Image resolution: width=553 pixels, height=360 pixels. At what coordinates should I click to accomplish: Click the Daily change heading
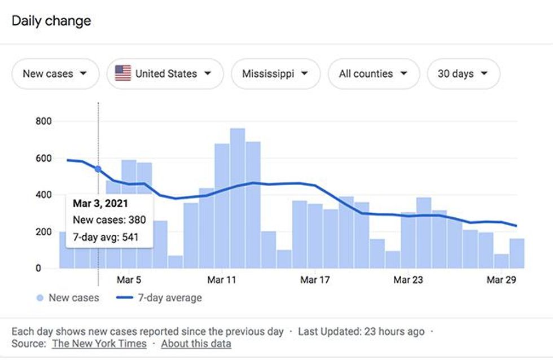pyautogui.click(x=51, y=21)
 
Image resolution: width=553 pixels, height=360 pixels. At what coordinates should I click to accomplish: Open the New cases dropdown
pyautogui.click(x=55, y=74)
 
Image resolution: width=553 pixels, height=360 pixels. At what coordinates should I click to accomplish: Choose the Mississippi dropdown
pyautogui.click(x=275, y=74)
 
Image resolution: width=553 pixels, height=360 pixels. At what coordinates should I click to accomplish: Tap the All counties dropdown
pyautogui.click(x=373, y=74)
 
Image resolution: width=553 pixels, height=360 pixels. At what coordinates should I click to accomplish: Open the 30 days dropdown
pyautogui.click(x=463, y=74)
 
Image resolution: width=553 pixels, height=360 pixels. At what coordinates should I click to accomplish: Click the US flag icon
pyautogui.click(x=123, y=73)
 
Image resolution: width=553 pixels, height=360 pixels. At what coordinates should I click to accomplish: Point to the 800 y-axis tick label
pyautogui.click(x=43, y=121)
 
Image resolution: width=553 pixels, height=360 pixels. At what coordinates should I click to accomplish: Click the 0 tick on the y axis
pyautogui.click(x=38, y=269)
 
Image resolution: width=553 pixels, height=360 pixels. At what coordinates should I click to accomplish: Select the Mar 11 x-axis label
pyautogui.click(x=222, y=280)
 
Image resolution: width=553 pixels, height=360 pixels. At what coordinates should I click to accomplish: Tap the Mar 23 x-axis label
pyautogui.click(x=407, y=280)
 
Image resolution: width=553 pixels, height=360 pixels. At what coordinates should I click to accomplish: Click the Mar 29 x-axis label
pyautogui.click(x=501, y=280)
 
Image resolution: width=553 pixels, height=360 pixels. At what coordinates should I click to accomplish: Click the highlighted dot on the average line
pyautogui.click(x=98, y=169)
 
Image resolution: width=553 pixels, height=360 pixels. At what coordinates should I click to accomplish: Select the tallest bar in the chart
pyautogui.click(x=238, y=197)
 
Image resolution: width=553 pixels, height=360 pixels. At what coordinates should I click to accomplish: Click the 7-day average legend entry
pyautogui.click(x=161, y=298)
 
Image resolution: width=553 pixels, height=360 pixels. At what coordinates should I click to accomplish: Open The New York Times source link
pyautogui.click(x=99, y=343)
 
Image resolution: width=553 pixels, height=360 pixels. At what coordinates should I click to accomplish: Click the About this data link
pyautogui.click(x=196, y=343)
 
